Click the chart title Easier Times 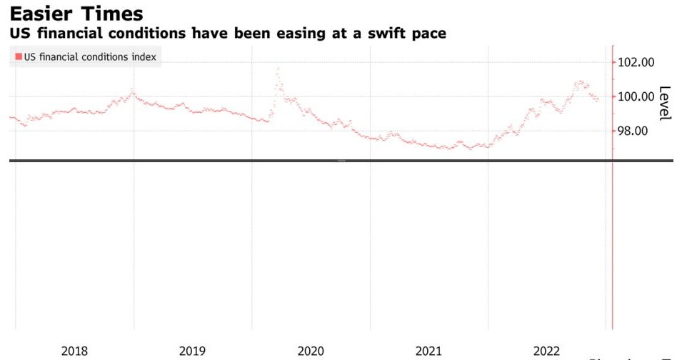tap(76, 13)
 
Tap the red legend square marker tap(18, 56)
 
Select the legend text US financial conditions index tap(90, 56)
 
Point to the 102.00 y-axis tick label tap(636, 62)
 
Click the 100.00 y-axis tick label tap(636, 96)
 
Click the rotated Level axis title tap(665, 104)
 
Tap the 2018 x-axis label tap(74, 351)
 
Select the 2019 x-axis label tap(192, 351)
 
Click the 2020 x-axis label tap(311, 351)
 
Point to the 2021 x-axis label tap(428, 351)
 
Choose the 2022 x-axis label tap(547, 351)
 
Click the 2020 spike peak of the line tap(277, 69)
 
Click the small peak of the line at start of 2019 tap(132, 91)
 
